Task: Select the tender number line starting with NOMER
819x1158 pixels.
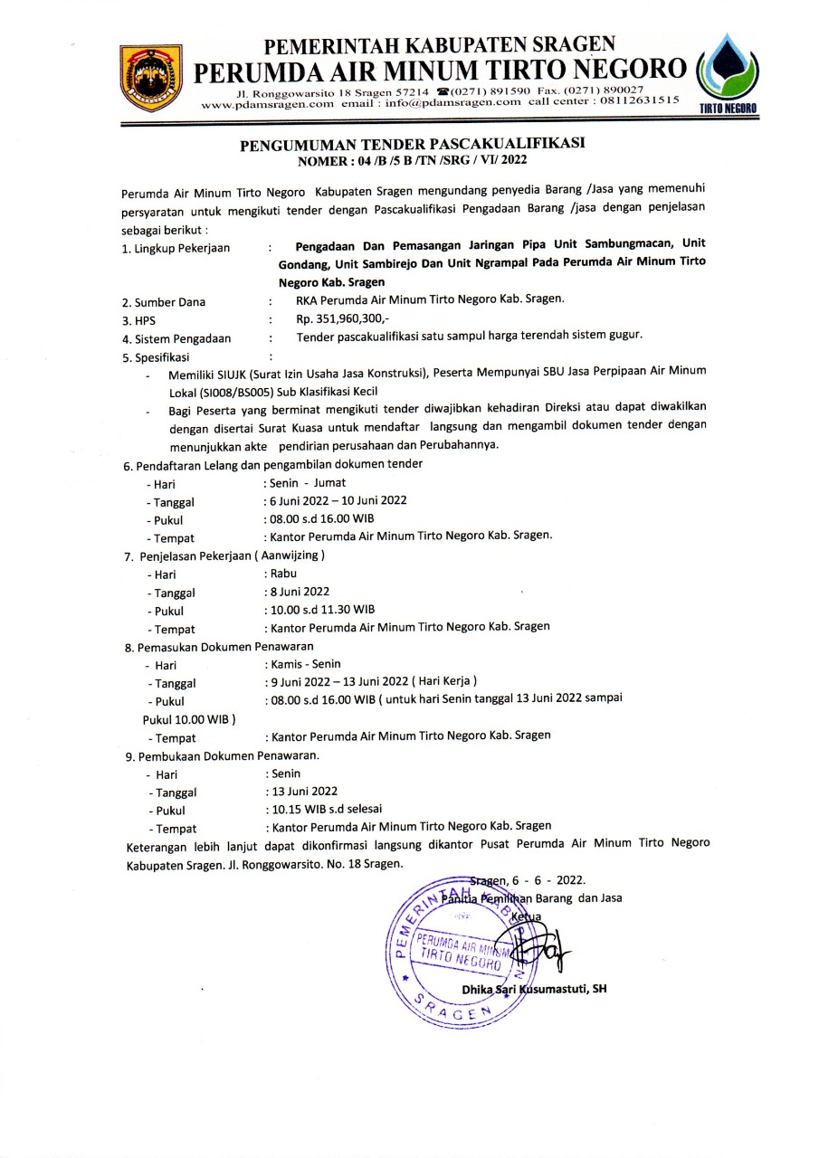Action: [x=412, y=160]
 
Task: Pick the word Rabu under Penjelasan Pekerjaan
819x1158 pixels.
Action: [x=282, y=573]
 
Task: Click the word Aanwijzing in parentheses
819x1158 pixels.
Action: [x=290, y=555]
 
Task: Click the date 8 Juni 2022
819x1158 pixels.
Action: [x=300, y=592]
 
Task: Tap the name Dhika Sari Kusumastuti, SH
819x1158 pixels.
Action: [x=534, y=989]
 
